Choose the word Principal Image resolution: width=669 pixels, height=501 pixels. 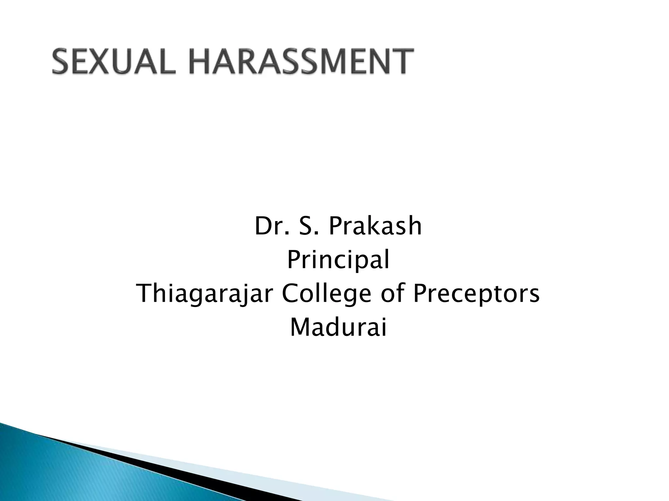tap(338, 261)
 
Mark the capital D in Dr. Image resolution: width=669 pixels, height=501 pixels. tap(262, 226)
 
